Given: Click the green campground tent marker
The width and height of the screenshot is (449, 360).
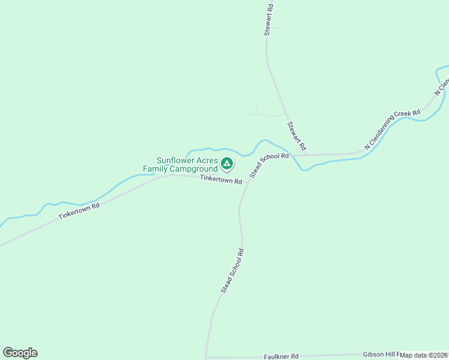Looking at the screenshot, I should click(x=227, y=163).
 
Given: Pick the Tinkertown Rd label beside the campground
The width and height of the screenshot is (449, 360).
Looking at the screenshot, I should click(x=221, y=179).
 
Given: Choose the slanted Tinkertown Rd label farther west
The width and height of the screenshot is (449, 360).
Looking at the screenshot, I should click(x=79, y=211).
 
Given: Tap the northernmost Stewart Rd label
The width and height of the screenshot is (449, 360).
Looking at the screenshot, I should click(x=270, y=20).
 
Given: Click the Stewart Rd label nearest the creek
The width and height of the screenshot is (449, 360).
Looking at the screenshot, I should click(x=297, y=136).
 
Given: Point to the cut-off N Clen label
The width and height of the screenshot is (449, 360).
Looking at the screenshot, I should click(x=442, y=88).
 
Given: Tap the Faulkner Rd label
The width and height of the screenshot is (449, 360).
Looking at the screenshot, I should click(x=281, y=356).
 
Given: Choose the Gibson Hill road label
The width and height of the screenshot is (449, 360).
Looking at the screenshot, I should click(x=381, y=355).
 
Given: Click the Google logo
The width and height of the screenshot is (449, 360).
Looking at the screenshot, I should click(x=20, y=353).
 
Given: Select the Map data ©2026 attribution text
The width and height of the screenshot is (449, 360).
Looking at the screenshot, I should click(x=423, y=355).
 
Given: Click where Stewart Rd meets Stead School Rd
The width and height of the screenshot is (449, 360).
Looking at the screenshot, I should click(x=307, y=155).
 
